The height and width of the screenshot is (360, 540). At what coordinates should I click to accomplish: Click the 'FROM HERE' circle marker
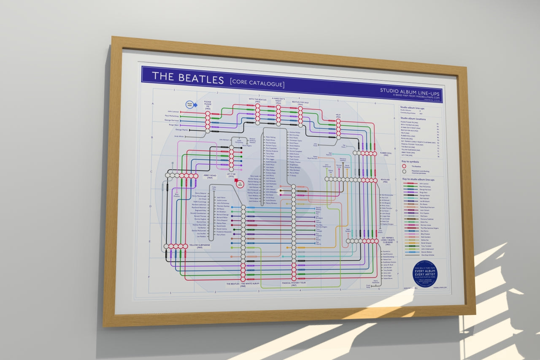pos(189,105)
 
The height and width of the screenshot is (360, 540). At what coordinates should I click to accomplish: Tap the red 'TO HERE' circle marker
pos(240,184)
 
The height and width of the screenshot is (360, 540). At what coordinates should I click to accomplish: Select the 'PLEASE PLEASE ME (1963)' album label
pos(208,105)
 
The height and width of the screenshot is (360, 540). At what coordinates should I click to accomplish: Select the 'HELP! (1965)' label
pos(338,115)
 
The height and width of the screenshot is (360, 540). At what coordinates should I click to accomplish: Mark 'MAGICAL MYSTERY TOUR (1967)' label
pos(294,284)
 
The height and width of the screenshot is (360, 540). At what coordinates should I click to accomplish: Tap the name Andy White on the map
pos(179,136)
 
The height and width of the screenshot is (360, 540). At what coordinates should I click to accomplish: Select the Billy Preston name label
pos(176,195)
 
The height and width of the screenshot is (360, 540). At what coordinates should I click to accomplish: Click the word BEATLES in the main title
pos(200,78)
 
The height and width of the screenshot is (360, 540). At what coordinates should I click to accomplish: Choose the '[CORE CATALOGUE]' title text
pos(257,83)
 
